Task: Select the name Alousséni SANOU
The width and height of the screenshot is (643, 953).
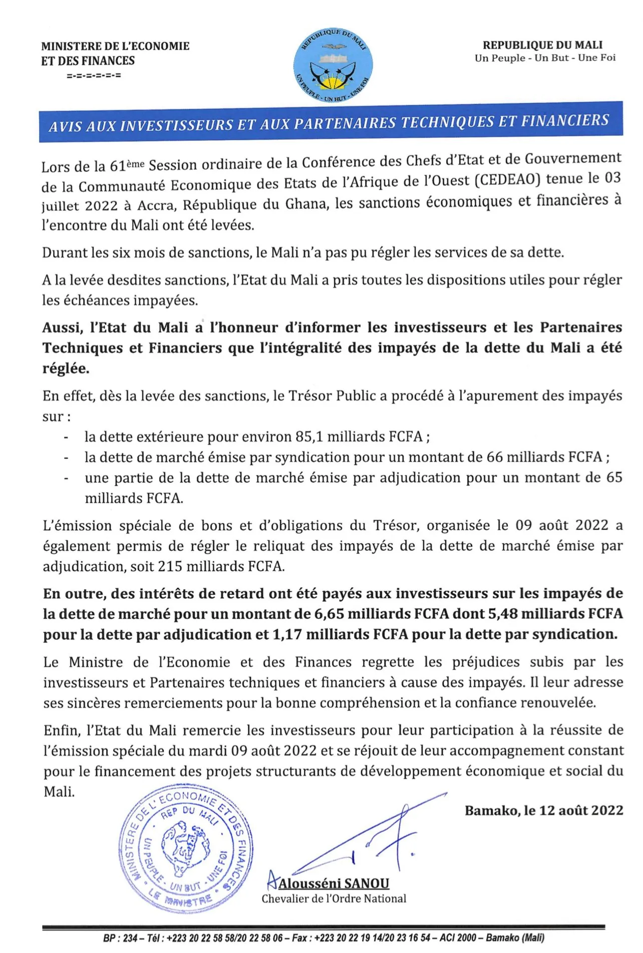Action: [x=334, y=883]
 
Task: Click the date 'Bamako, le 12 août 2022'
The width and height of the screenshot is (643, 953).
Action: [x=544, y=810]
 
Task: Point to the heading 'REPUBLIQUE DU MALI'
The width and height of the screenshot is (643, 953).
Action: [x=542, y=45]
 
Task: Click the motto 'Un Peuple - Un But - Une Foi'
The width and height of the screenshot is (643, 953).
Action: [x=545, y=58]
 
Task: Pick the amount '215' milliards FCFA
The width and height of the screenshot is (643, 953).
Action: [x=169, y=566]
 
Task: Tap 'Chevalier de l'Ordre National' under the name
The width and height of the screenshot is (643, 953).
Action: [x=334, y=899]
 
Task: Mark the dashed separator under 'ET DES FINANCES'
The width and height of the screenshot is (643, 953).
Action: [x=93, y=76]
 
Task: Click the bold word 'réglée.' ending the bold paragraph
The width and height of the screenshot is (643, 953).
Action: [x=66, y=369]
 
